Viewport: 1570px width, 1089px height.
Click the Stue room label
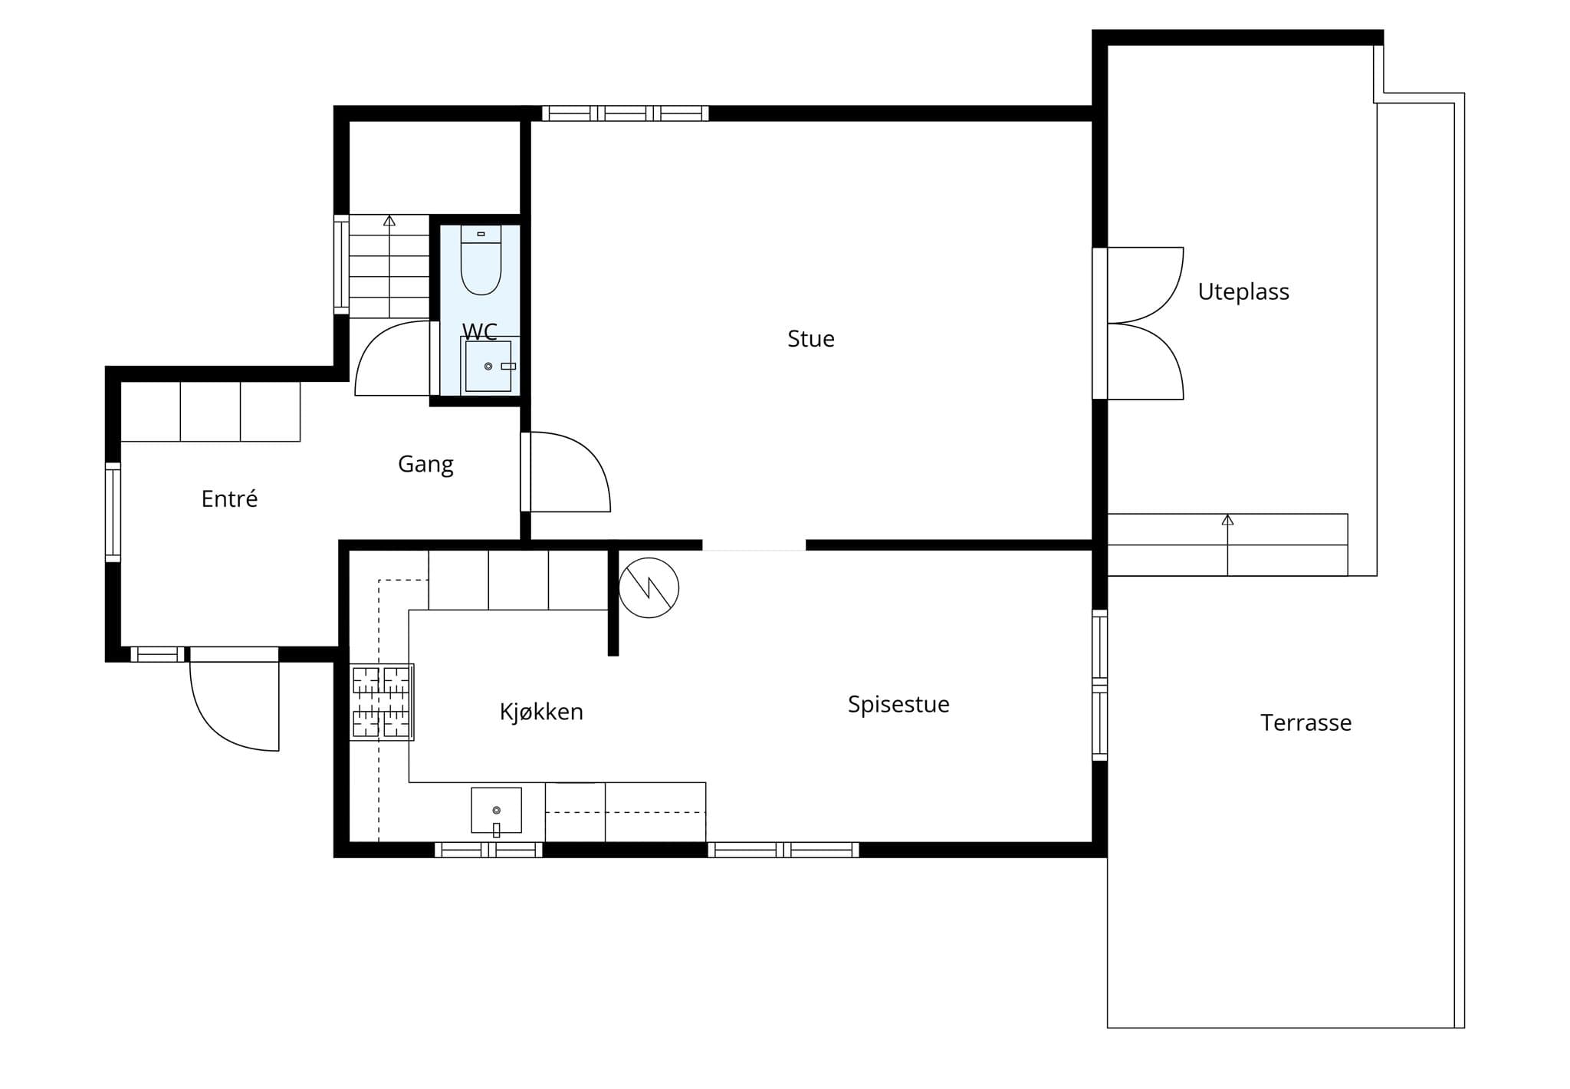click(x=810, y=338)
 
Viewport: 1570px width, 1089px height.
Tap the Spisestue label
click(x=898, y=704)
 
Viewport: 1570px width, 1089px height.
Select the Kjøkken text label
click(x=541, y=712)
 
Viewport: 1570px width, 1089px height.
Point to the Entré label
click(x=229, y=498)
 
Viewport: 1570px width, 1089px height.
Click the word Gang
click(x=425, y=464)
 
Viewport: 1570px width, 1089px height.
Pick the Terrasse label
click(x=1306, y=722)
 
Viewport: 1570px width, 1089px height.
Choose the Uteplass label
click(x=1243, y=291)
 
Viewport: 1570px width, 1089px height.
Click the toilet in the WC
click(x=481, y=260)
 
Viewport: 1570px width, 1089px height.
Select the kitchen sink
click(x=496, y=811)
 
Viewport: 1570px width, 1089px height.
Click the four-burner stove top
click(x=382, y=702)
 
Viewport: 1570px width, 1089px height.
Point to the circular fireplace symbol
click(x=649, y=587)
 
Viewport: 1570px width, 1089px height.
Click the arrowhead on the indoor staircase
click(x=389, y=221)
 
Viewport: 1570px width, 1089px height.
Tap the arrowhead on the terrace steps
click(x=1227, y=520)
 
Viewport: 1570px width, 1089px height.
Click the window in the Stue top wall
click(x=626, y=114)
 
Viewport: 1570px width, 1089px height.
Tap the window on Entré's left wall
click(x=113, y=512)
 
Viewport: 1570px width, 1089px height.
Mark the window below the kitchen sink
click(x=488, y=850)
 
